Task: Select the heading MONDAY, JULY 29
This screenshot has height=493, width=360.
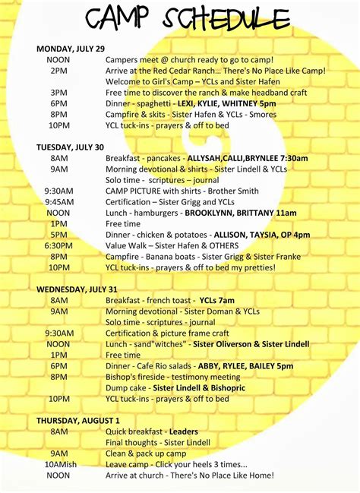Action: click(x=71, y=49)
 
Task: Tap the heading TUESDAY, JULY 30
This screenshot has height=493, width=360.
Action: click(x=70, y=147)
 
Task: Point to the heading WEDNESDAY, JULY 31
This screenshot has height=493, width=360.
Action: click(x=77, y=289)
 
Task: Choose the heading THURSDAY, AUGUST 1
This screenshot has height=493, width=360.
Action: click(x=78, y=420)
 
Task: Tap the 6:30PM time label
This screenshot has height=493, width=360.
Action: click(x=58, y=245)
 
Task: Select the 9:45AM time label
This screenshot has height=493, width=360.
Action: click(x=58, y=202)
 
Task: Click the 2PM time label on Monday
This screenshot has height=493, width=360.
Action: click(x=58, y=71)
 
